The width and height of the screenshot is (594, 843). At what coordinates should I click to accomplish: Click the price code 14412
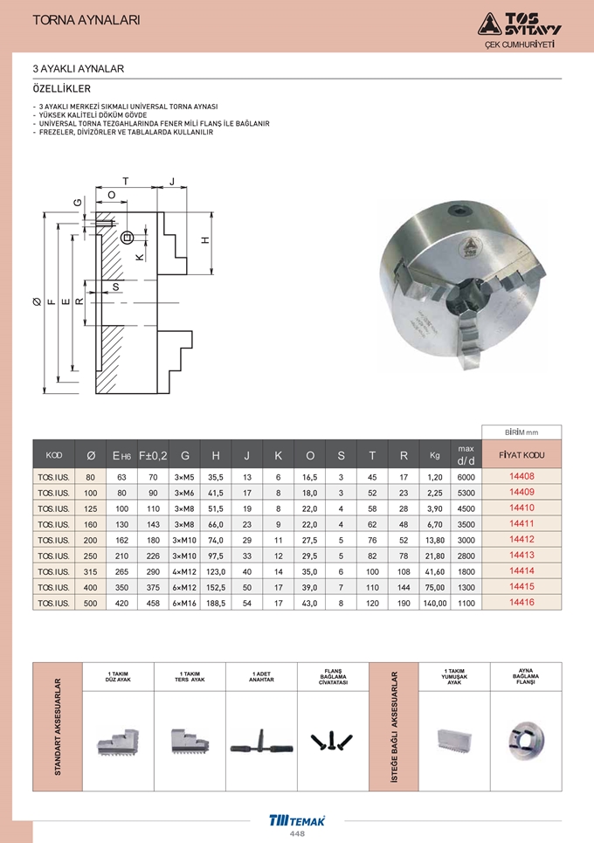[521, 539]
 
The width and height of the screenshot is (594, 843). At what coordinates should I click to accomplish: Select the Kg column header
[435, 455]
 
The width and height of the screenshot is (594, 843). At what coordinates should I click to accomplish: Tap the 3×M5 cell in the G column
[184, 477]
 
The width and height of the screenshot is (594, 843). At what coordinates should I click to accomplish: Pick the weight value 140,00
[435, 604]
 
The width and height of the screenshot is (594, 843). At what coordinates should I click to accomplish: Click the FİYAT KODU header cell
[521, 455]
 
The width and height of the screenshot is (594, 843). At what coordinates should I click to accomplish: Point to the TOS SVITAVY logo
[519, 24]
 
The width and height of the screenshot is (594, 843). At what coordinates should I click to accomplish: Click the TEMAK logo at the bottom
[297, 820]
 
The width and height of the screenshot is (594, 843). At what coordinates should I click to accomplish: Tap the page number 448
[297, 834]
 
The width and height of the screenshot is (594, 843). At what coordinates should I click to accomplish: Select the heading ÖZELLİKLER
[62, 89]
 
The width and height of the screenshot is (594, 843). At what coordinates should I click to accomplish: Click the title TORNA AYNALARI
[86, 20]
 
